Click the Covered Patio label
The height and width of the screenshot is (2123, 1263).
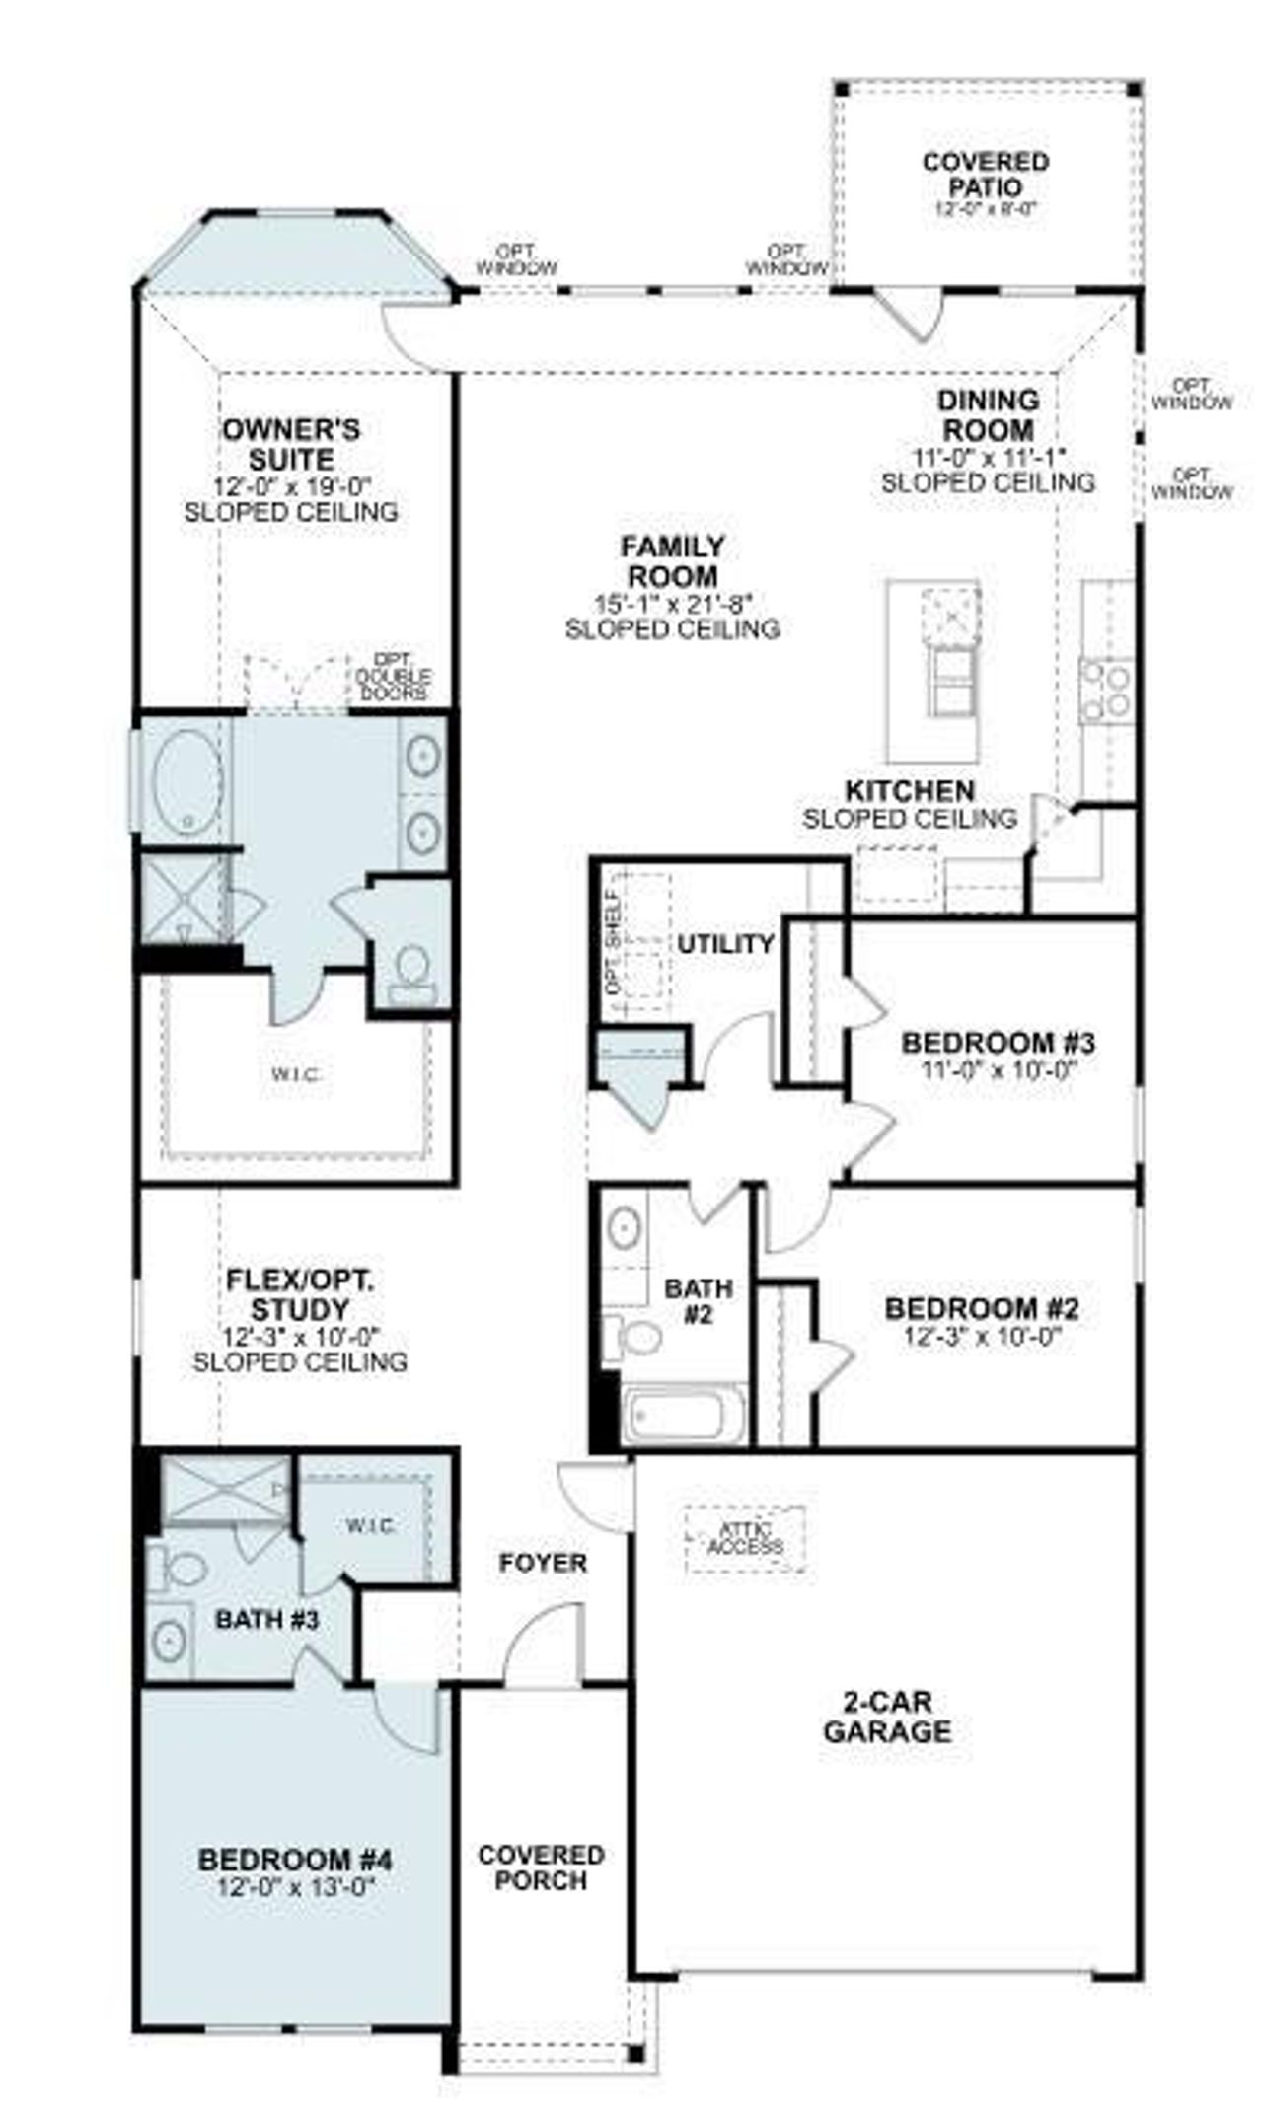[x=985, y=174]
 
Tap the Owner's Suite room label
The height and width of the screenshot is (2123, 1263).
[x=291, y=444]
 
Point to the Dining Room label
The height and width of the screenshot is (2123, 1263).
[x=988, y=415]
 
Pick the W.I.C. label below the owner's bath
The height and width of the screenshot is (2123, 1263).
[x=296, y=1074]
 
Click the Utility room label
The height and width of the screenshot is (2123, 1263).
[x=725, y=943]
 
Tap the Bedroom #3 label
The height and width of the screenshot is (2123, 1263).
[x=998, y=1042]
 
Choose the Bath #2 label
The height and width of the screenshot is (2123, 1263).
[x=698, y=1300]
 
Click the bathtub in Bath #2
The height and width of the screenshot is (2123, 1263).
[x=684, y=1418]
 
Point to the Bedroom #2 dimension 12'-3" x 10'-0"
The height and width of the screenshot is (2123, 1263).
[x=982, y=1337]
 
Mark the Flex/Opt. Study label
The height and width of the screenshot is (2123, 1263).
[x=300, y=1294]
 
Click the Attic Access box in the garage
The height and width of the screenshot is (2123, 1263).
[x=746, y=1538]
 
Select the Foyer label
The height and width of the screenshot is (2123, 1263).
[x=542, y=1563]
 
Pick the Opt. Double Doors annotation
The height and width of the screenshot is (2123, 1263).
[x=393, y=677]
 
